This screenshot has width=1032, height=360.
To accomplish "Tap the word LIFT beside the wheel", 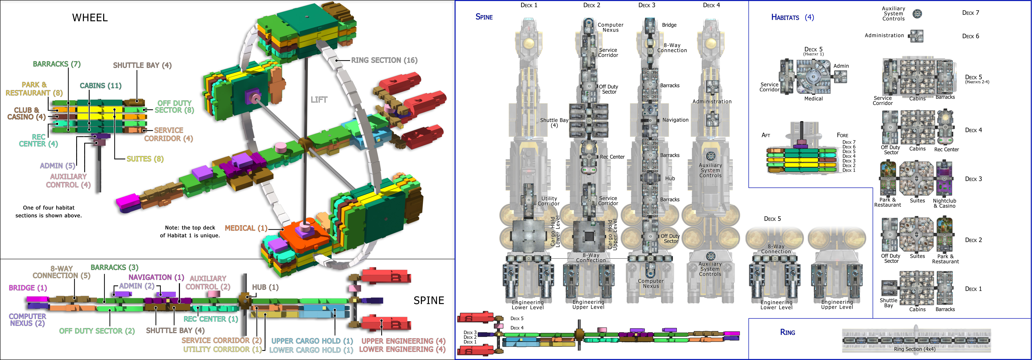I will click(x=319, y=100).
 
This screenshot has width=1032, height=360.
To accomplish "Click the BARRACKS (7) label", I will click(x=56, y=64).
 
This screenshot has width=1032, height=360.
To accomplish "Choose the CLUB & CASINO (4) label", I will click(x=26, y=113).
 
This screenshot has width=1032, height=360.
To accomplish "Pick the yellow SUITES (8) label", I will click(x=145, y=159).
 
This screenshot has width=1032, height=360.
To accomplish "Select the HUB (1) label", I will click(x=265, y=287).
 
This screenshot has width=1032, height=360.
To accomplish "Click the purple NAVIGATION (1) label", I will click(x=156, y=277).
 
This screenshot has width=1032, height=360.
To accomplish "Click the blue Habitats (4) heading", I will click(x=792, y=17).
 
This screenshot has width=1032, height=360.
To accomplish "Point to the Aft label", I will click(x=766, y=135).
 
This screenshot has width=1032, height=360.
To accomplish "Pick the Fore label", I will click(x=842, y=135).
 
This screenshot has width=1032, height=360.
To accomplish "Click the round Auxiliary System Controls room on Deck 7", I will click(x=917, y=14).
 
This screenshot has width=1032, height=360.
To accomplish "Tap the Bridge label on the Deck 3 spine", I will click(x=669, y=25).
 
